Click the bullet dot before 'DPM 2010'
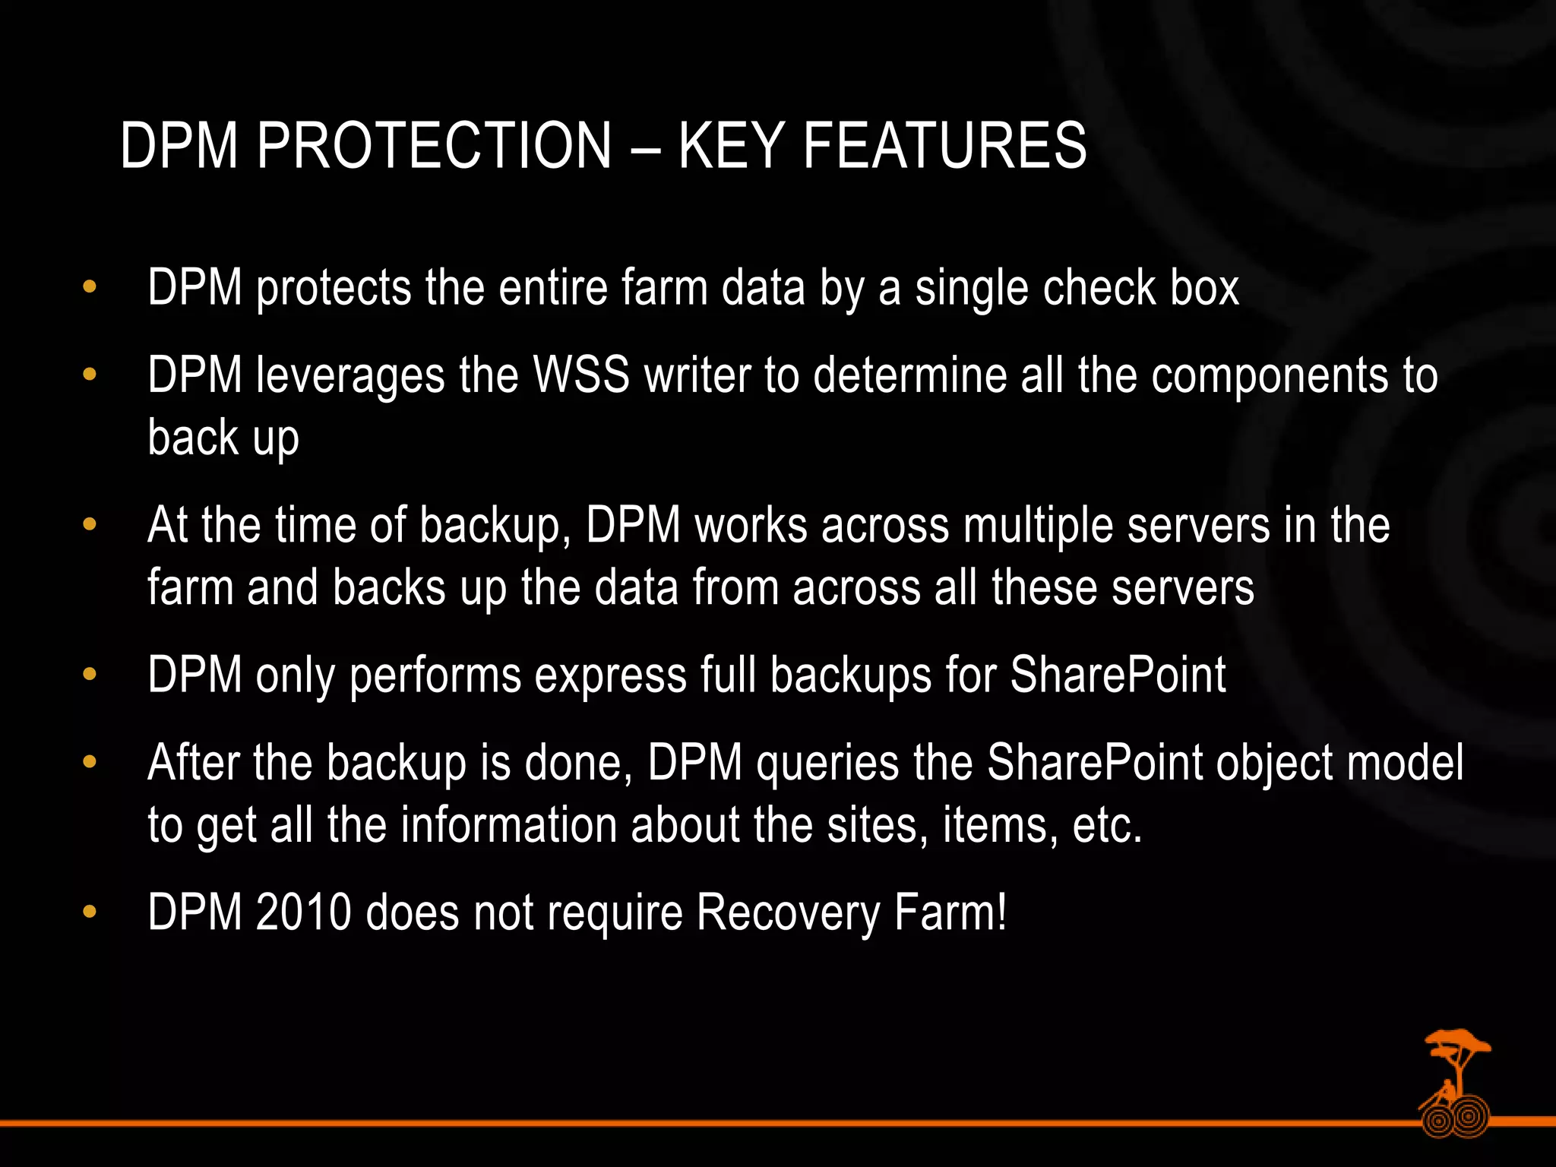click(x=90, y=911)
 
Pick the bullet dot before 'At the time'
click(x=90, y=524)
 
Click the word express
click(x=611, y=675)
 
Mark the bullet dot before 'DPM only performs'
click(x=90, y=674)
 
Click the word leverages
click(x=350, y=376)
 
